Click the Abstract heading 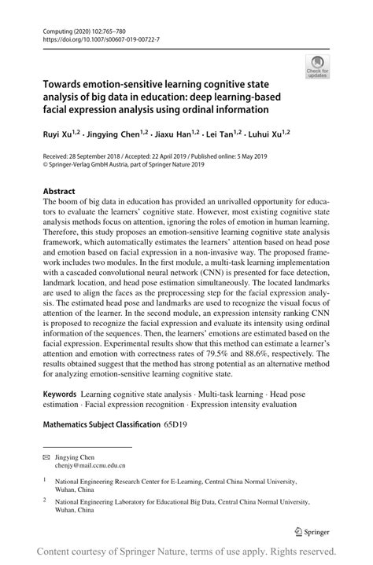[58, 191]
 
